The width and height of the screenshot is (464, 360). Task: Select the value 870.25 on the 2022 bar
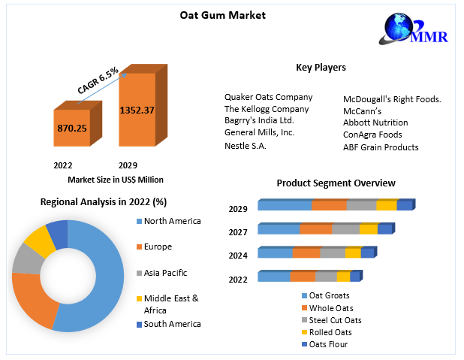[72, 129]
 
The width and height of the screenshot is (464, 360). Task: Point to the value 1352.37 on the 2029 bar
[137, 110]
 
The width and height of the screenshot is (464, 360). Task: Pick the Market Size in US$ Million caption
[116, 180]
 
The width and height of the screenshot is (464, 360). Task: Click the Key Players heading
[321, 68]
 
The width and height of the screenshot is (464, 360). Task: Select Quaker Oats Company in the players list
[268, 97]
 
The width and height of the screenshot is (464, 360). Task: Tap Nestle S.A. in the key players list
[245, 146]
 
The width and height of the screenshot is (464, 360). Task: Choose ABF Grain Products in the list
[381, 147]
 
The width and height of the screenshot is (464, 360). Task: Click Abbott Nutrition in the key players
[375, 123]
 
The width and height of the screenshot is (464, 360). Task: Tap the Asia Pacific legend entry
[164, 273]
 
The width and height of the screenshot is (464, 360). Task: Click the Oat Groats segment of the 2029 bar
[285, 205]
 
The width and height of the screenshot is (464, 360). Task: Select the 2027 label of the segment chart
[238, 232]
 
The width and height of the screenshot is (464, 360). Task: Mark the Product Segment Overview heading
[336, 183]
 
